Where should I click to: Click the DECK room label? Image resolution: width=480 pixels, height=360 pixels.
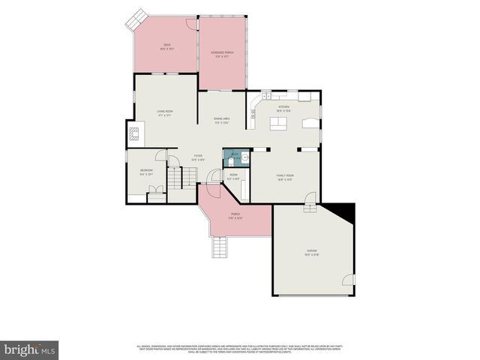coord(166,46)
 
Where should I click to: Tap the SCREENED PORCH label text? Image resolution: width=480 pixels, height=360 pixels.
coord(222,53)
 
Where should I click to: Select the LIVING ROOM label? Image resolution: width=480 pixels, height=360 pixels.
coord(165,113)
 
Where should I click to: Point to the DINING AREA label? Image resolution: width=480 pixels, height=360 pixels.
coord(221,120)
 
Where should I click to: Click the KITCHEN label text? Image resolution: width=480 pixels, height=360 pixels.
coord(283,108)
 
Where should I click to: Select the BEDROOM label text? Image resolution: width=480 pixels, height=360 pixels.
coord(146,172)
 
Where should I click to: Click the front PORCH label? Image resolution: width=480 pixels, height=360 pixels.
coord(235,215)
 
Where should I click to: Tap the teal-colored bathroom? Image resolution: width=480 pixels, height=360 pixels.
coord(234,158)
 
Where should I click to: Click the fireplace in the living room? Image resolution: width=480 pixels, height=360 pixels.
coord(134,134)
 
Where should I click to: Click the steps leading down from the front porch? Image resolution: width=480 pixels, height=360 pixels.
coord(218,247)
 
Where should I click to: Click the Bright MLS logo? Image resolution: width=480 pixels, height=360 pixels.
coord(30,349)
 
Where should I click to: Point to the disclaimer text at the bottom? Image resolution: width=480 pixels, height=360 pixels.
coord(240,349)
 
